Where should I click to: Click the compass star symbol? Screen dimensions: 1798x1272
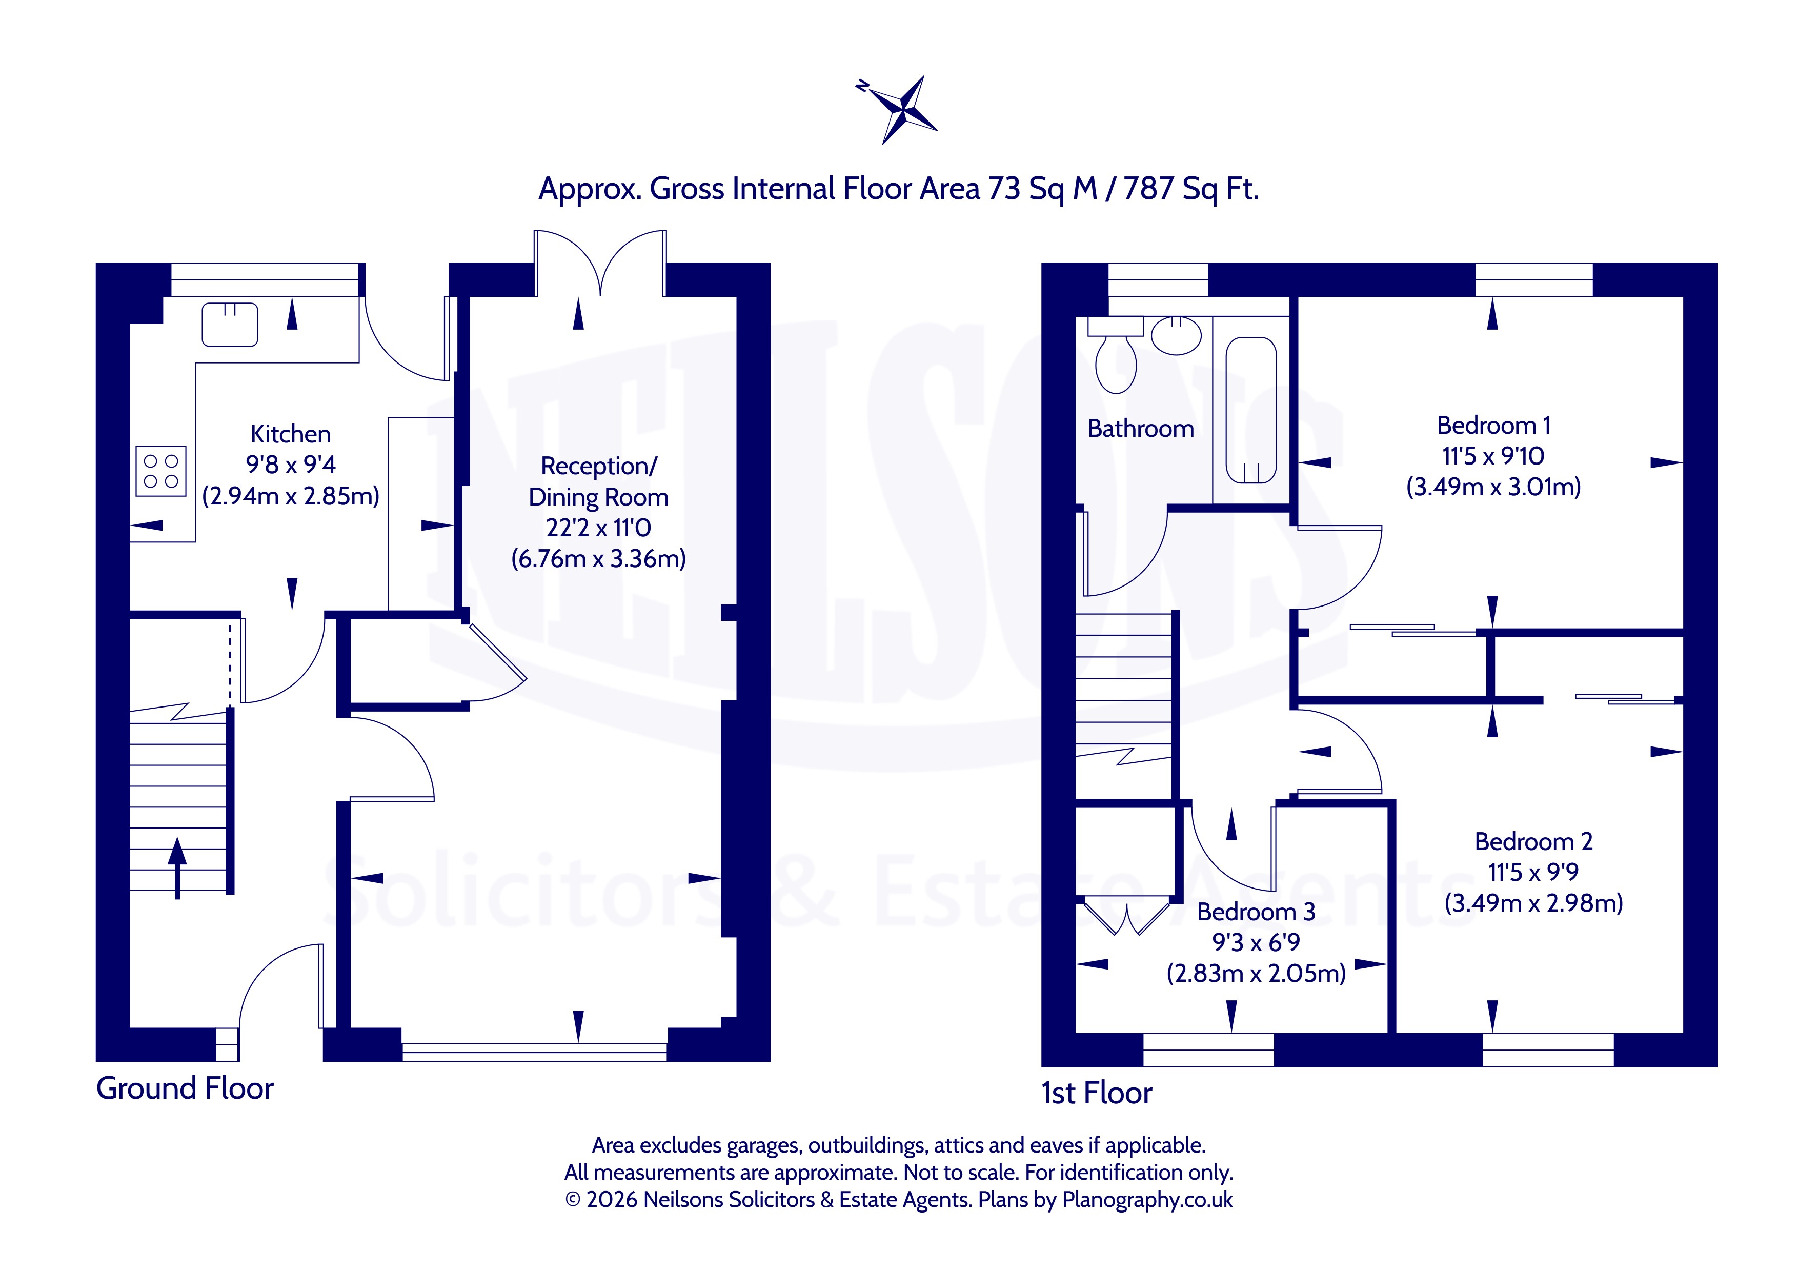[901, 110]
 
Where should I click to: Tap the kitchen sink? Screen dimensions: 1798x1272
[230, 324]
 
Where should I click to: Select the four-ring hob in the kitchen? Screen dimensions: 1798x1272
[160, 471]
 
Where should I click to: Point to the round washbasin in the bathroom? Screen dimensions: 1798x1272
[1176, 336]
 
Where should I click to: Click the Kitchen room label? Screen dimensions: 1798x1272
[291, 434]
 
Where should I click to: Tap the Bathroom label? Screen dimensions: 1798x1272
[1141, 429]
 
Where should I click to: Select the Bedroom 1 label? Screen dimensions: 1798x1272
[1493, 426]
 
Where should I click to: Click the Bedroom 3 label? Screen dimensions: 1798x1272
[1256, 912]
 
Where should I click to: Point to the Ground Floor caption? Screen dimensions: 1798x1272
[185, 1088]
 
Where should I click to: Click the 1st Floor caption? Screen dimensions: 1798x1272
[1096, 1093]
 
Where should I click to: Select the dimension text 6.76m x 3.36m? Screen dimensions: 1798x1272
[598, 558]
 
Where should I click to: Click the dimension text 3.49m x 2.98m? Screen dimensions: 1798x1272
[1533, 903]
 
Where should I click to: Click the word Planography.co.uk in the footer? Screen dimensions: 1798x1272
[1147, 1199]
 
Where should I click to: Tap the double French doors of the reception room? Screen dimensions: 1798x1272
[601, 263]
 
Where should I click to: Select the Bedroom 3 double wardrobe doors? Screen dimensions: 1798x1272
[1127, 918]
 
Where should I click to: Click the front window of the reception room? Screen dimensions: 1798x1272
[535, 1052]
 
